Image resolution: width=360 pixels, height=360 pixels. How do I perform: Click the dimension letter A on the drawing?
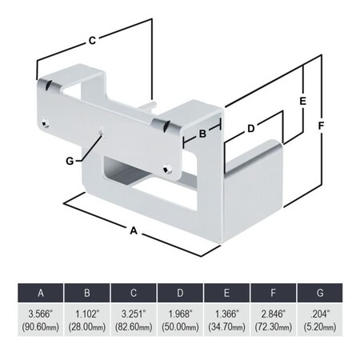click(134, 230)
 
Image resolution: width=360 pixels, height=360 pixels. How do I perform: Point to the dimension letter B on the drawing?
click(202, 134)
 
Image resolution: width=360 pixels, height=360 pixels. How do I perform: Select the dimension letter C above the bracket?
click(92, 38)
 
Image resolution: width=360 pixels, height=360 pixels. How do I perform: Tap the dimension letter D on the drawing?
click(250, 128)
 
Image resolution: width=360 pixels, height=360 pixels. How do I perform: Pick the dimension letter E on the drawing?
click(302, 102)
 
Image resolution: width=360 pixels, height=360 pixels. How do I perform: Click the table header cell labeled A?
click(40, 290)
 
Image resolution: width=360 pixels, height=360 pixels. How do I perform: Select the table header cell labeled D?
click(180, 290)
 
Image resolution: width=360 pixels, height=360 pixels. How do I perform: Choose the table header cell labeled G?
click(320, 290)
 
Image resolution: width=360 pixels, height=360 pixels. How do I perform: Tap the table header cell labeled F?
click(274, 290)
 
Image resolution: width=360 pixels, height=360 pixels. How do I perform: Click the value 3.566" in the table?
click(40, 314)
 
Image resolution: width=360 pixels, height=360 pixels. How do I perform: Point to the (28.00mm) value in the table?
click(86, 327)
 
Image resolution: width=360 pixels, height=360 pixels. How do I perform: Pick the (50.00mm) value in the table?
click(180, 327)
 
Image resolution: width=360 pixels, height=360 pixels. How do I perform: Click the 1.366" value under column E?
click(226, 314)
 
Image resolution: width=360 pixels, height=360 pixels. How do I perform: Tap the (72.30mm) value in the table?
click(274, 327)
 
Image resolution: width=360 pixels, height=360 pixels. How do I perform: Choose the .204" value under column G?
click(320, 314)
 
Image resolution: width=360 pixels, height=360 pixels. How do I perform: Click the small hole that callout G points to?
click(100, 133)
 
